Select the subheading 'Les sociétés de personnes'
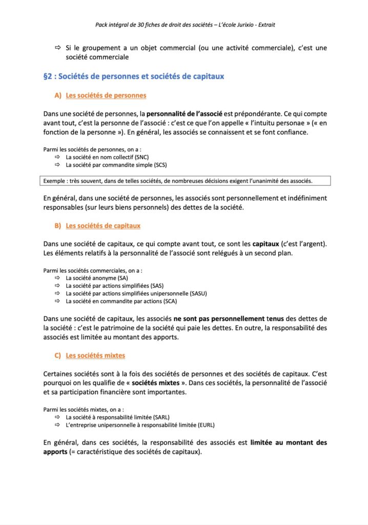click(106, 95)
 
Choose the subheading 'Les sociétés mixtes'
click(95, 355)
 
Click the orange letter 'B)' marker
click(57, 226)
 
